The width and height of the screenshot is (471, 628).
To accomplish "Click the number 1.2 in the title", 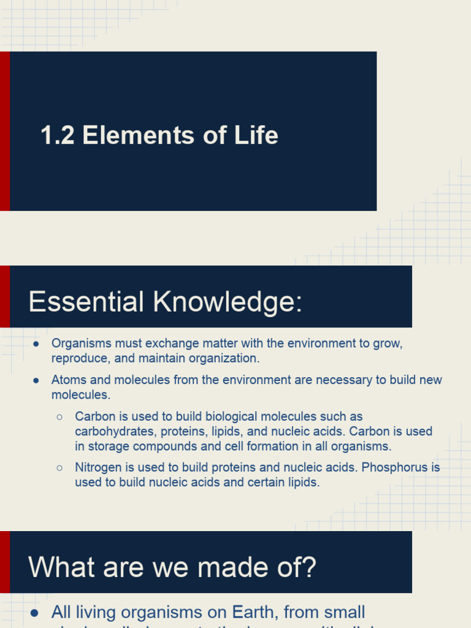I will tap(58, 136).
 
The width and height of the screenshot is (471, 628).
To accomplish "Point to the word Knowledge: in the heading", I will tap(228, 302).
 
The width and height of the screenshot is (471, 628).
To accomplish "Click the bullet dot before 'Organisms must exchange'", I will tap(37, 343).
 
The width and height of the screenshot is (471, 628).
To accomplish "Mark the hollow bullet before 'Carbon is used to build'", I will tap(59, 417).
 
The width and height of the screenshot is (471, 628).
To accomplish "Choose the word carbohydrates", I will tap(115, 431).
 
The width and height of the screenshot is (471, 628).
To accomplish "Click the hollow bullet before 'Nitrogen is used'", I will tap(59, 467).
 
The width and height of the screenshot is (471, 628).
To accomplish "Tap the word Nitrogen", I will tap(99, 467).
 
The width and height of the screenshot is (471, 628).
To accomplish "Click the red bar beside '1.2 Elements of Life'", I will tap(4, 131).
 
